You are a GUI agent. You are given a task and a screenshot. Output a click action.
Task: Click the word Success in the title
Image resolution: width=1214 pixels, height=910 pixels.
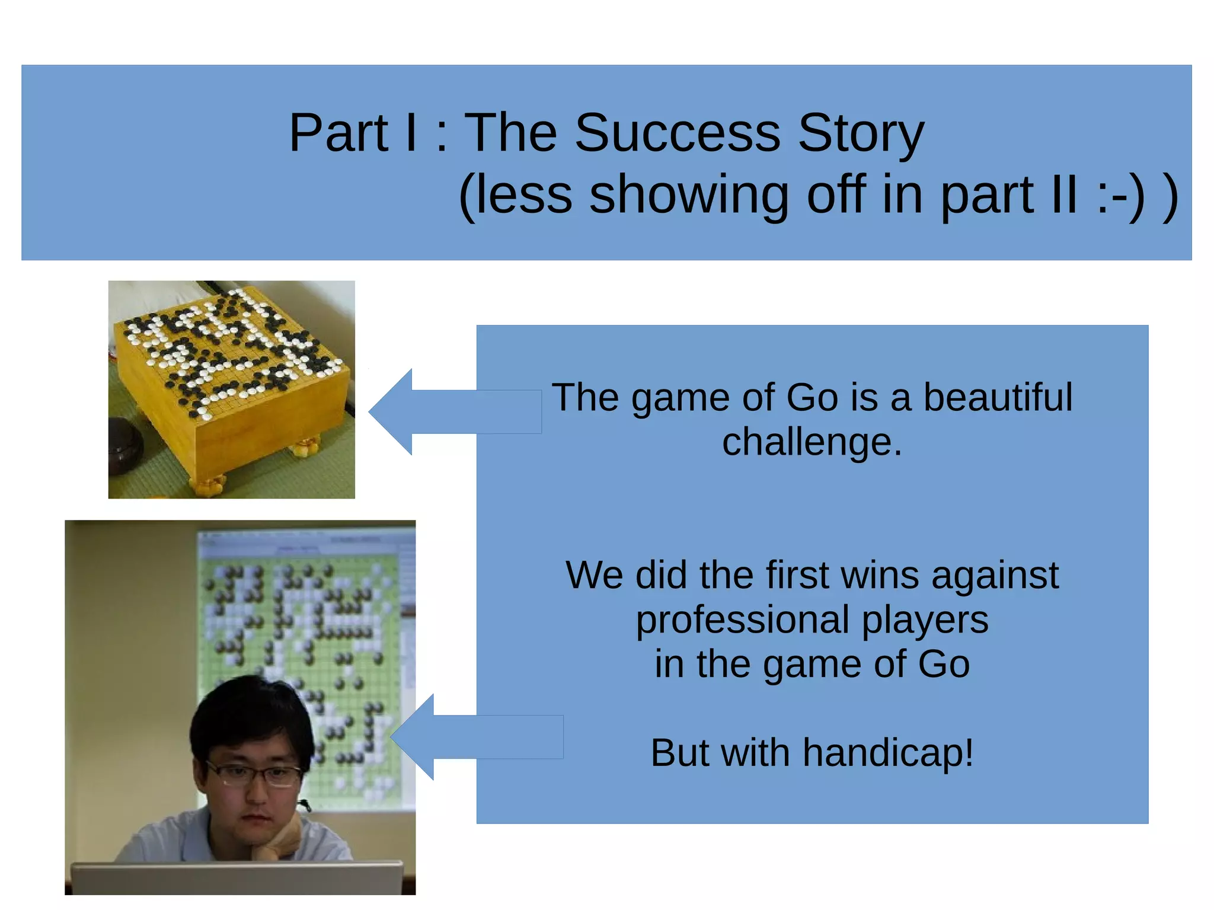pyautogui.click(x=677, y=133)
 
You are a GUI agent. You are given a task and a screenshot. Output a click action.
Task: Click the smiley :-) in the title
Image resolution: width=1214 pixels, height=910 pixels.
pyautogui.click(x=1119, y=196)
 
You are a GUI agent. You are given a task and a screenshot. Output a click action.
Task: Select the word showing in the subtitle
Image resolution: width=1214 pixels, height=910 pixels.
pyautogui.click(x=688, y=196)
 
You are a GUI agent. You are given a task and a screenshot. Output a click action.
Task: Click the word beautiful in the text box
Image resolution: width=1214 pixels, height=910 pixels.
pyautogui.click(x=998, y=397)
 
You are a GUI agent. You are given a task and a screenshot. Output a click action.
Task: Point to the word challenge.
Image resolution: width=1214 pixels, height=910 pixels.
pyautogui.click(x=812, y=442)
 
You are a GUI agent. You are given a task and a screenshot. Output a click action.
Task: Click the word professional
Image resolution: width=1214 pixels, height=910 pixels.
pyautogui.click(x=743, y=620)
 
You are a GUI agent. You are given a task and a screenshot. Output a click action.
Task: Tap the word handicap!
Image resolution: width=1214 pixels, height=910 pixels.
pyautogui.click(x=887, y=753)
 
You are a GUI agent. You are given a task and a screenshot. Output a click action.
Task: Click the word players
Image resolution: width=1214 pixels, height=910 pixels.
pyautogui.click(x=925, y=620)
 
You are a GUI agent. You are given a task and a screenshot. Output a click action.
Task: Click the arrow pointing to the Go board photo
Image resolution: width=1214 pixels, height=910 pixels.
pyautogui.click(x=439, y=412)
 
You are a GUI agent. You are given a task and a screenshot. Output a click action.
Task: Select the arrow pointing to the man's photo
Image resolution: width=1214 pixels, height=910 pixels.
pyautogui.click(x=462, y=737)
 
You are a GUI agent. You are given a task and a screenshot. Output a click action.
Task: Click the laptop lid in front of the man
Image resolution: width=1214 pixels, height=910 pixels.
pyautogui.click(x=237, y=879)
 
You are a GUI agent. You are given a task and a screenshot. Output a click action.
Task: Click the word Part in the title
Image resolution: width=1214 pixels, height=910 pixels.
pyautogui.click(x=338, y=133)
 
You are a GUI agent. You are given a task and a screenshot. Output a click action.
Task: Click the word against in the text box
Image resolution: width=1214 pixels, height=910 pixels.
pyautogui.click(x=994, y=575)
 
